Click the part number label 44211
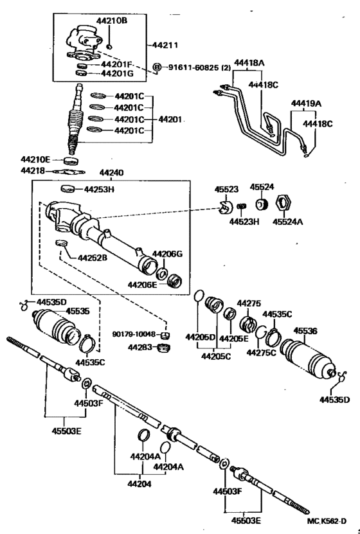pos(165,45)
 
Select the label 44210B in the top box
pos(112,21)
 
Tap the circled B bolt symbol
pos(157,67)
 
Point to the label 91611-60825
pos(193,67)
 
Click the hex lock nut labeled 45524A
pos(282,204)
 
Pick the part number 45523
pos(226,190)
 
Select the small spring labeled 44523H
pos(242,207)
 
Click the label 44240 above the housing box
pos(111,173)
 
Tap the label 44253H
pos(99,189)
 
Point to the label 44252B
pos(93,258)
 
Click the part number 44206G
pos(167,254)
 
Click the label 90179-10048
pos(134,334)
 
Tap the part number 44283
pos(140,348)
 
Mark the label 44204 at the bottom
pos(139,484)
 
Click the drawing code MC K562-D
pos(327,521)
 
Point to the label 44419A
pos(306,103)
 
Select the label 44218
pos(33,170)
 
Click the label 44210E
pos(35,159)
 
